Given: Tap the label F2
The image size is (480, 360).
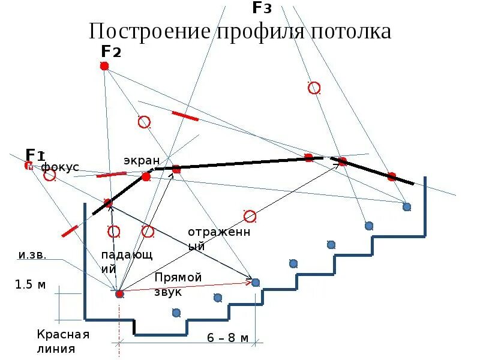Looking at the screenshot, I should click(111, 52).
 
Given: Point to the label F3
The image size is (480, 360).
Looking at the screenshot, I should click(262, 8).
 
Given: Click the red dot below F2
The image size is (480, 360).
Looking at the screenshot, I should click(104, 65).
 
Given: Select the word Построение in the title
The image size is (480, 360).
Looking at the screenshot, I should click(151, 31).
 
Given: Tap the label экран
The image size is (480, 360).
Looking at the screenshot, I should click(142, 160).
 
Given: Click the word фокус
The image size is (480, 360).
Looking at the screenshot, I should click(60, 167).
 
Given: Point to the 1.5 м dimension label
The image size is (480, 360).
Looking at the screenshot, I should click(30, 284).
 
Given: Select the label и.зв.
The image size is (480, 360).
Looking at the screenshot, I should click(32, 256).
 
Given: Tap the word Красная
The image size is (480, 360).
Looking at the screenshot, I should click(63, 335).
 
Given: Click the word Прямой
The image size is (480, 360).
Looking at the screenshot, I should click(178, 277).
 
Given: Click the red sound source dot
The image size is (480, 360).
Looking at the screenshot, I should click(119, 293).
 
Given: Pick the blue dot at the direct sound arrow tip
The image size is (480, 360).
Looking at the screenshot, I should click(256, 282).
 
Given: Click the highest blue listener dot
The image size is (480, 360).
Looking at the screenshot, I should click(407, 206).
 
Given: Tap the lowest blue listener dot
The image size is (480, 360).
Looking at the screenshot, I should click(176, 312).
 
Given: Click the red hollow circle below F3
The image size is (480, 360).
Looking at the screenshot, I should click(314, 88).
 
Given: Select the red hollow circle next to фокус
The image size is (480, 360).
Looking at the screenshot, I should click(49, 175).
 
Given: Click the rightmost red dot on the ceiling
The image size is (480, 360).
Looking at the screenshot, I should click(391, 176).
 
